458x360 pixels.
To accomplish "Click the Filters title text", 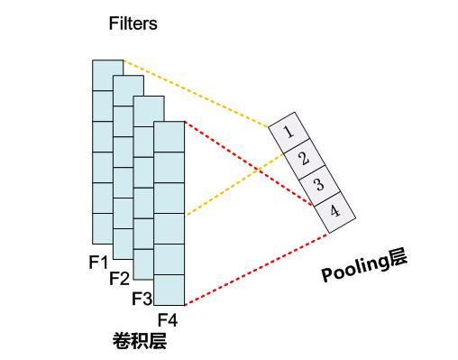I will click(x=133, y=24).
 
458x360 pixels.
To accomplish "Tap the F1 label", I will click(x=98, y=262).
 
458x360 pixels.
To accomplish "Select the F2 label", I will click(x=119, y=278).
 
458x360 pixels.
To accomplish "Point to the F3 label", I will click(x=142, y=298).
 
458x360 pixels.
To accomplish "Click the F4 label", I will click(x=168, y=319).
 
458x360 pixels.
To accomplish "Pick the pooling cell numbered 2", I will click(x=302, y=159).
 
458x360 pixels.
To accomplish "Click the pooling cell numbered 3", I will click(x=317, y=185).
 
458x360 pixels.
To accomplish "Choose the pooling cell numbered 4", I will click(x=333, y=211).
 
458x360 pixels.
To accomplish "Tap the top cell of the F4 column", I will click(x=169, y=136).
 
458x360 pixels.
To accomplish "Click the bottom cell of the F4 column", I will click(x=169, y=290).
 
